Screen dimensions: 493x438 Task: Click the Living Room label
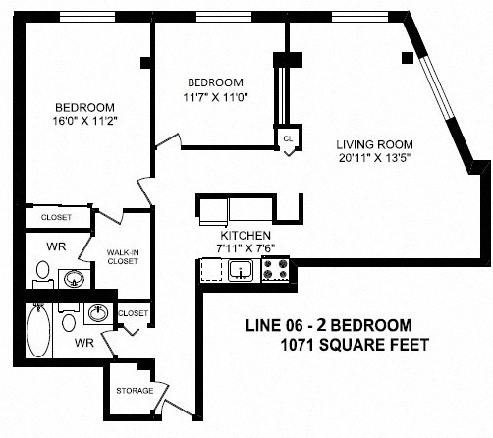(374, 144)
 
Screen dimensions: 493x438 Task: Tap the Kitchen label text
(246, 235)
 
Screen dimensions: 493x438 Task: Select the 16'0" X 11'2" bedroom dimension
(84, 121)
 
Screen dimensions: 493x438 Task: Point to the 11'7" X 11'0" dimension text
(215, 97)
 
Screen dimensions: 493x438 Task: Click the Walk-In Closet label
(123, 257)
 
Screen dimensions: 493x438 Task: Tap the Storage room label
(135, 391)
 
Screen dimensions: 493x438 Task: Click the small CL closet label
(288, 138)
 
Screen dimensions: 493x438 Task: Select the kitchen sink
(241, 271)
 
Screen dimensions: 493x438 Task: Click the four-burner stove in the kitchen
(275, 269)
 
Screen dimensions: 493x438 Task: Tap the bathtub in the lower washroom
(38, 331)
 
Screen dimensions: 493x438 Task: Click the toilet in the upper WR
(43, 274)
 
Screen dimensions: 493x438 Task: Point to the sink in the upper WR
(74, 279)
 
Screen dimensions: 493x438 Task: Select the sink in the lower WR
(98, 313)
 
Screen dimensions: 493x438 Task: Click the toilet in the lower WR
(69, 317)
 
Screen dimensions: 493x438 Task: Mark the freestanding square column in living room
(408, 58)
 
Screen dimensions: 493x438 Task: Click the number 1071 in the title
(298, 345)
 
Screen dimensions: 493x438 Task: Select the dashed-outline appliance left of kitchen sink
(211, 270)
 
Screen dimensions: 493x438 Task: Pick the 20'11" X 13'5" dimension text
(374, 158)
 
